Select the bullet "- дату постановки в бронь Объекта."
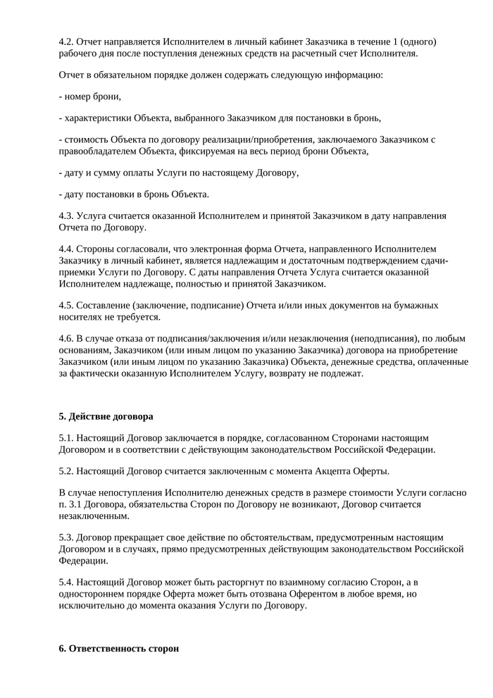(x=134, y=194)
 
